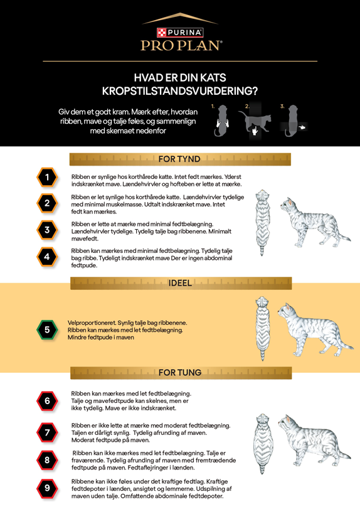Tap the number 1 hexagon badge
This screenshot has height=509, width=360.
pyautogui.click(x=46, y=178)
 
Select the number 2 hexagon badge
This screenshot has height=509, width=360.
pyautogui.click(x=46, y=203)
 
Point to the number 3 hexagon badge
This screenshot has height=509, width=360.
pyautogui.click(x=46, y=230)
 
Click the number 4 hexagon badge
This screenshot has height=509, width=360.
pyautogui.click(x=46, y=256)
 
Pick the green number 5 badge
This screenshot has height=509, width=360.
pyautogui.click(x=46, y=330)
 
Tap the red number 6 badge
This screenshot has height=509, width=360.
pyautogui.click(x=46, y=400)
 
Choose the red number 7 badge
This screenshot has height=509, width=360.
pyautogui.click(x=46, y=432)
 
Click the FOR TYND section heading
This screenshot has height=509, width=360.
pyautogui.click(x=180, y=159)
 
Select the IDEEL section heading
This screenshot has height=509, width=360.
pyautogui.click(x=180, y=284)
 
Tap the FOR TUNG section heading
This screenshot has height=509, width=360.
pyautogui.click(x=180, y=373)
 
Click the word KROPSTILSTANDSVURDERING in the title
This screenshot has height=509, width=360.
pyautogui.click(x=180, y=90)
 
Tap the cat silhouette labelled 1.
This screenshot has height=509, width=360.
pyautogui.click(x=220, y=122)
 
